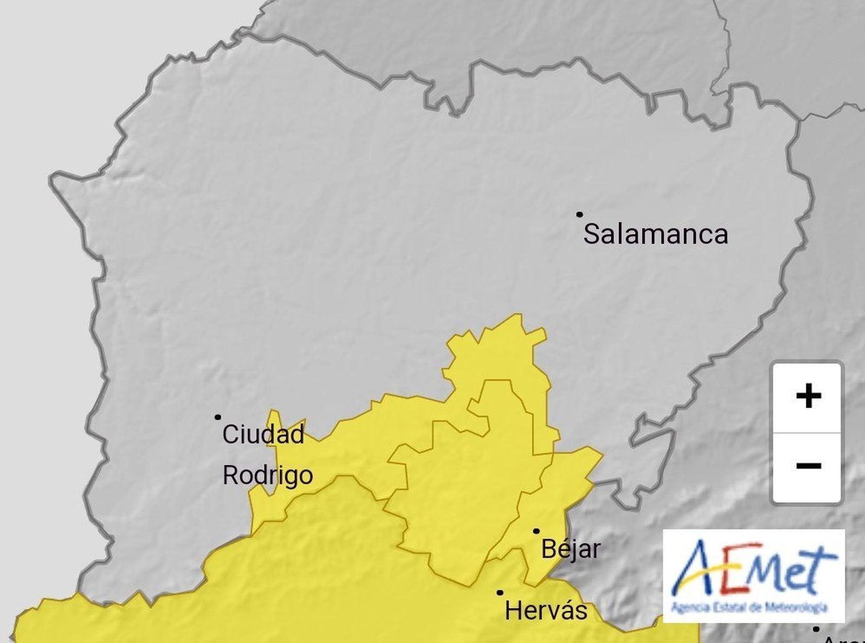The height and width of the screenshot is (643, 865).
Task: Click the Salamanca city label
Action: coord(656,234)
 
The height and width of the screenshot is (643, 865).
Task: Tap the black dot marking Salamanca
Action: coord(579,214)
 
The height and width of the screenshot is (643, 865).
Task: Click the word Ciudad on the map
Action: coord(263,434)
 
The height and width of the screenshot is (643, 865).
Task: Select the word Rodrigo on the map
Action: coord(268,475)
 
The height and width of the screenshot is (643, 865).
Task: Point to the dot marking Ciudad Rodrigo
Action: coord(218,417)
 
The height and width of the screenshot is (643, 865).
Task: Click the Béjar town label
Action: coord(570,549)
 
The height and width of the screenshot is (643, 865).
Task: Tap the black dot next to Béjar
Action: coord(536,531)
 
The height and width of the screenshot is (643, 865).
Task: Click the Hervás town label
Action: coord(545,611)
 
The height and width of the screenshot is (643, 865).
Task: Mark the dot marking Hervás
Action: coord(500,593)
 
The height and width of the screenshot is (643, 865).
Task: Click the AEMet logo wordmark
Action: coord(754,570)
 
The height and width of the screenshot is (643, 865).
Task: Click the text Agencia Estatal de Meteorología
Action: coord(749,608)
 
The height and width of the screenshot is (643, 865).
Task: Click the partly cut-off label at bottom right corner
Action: coord(843,639)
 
